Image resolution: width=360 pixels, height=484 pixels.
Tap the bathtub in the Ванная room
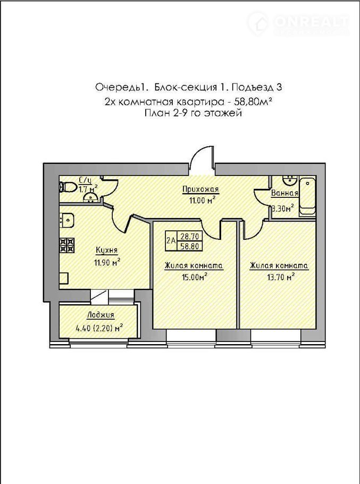pos(308,196)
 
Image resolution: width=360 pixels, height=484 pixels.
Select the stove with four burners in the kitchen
pos(66,245)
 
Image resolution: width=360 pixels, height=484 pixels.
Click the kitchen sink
pos(66,220)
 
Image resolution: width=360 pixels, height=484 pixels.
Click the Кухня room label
pos(106,250)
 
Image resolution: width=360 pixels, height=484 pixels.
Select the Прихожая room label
pos(200,189)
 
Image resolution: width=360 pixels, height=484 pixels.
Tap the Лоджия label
pos(101,315)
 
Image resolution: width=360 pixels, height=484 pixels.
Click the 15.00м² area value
pos(194,277)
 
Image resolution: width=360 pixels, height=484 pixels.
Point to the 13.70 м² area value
pos(280,277)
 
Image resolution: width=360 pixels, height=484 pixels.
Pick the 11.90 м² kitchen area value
pos(107,263)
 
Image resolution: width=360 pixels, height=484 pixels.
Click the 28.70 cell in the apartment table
pos(190,237)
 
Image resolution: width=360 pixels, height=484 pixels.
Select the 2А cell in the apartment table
pos(171,241)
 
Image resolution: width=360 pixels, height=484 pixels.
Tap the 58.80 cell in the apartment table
pos(190,246)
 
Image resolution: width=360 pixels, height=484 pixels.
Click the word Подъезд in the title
pos(252,88)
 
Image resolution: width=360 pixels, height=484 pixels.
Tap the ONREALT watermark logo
pos(298,23)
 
